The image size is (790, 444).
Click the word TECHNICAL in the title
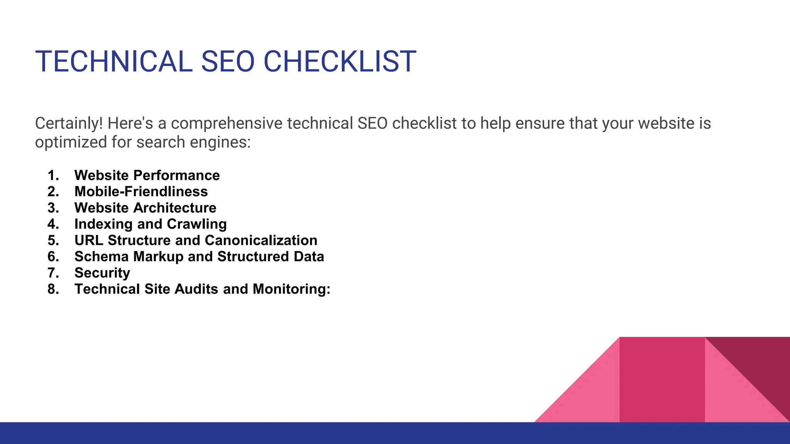tap(114, 61)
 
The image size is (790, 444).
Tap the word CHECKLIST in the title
tap(340, 61)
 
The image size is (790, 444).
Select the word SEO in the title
tap(228, 61)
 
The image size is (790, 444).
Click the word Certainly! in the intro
tap(69, 123)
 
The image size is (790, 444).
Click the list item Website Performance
tap(147, 175)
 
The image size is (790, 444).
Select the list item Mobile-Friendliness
tap(141, 192)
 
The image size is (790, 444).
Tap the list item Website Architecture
tap(145, 208)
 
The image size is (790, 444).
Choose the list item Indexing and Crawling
tap(150, 224)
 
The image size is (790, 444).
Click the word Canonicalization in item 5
tap(261, 240)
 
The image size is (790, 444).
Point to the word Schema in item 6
tap(101, 256)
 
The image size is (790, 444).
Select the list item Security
tap(102, 273)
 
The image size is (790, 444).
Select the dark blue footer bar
tap(395, 433)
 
